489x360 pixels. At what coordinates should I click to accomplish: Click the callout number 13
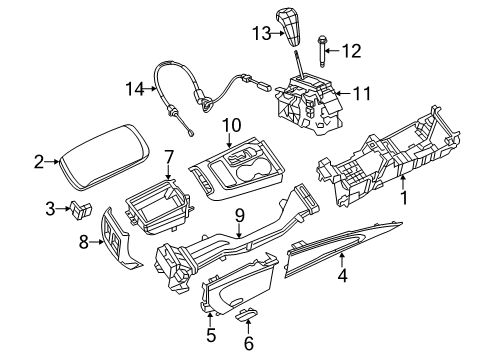coord(262,34)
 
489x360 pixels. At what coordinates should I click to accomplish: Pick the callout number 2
coord(38,159)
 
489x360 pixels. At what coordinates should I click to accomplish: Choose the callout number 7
coord(170,157)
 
